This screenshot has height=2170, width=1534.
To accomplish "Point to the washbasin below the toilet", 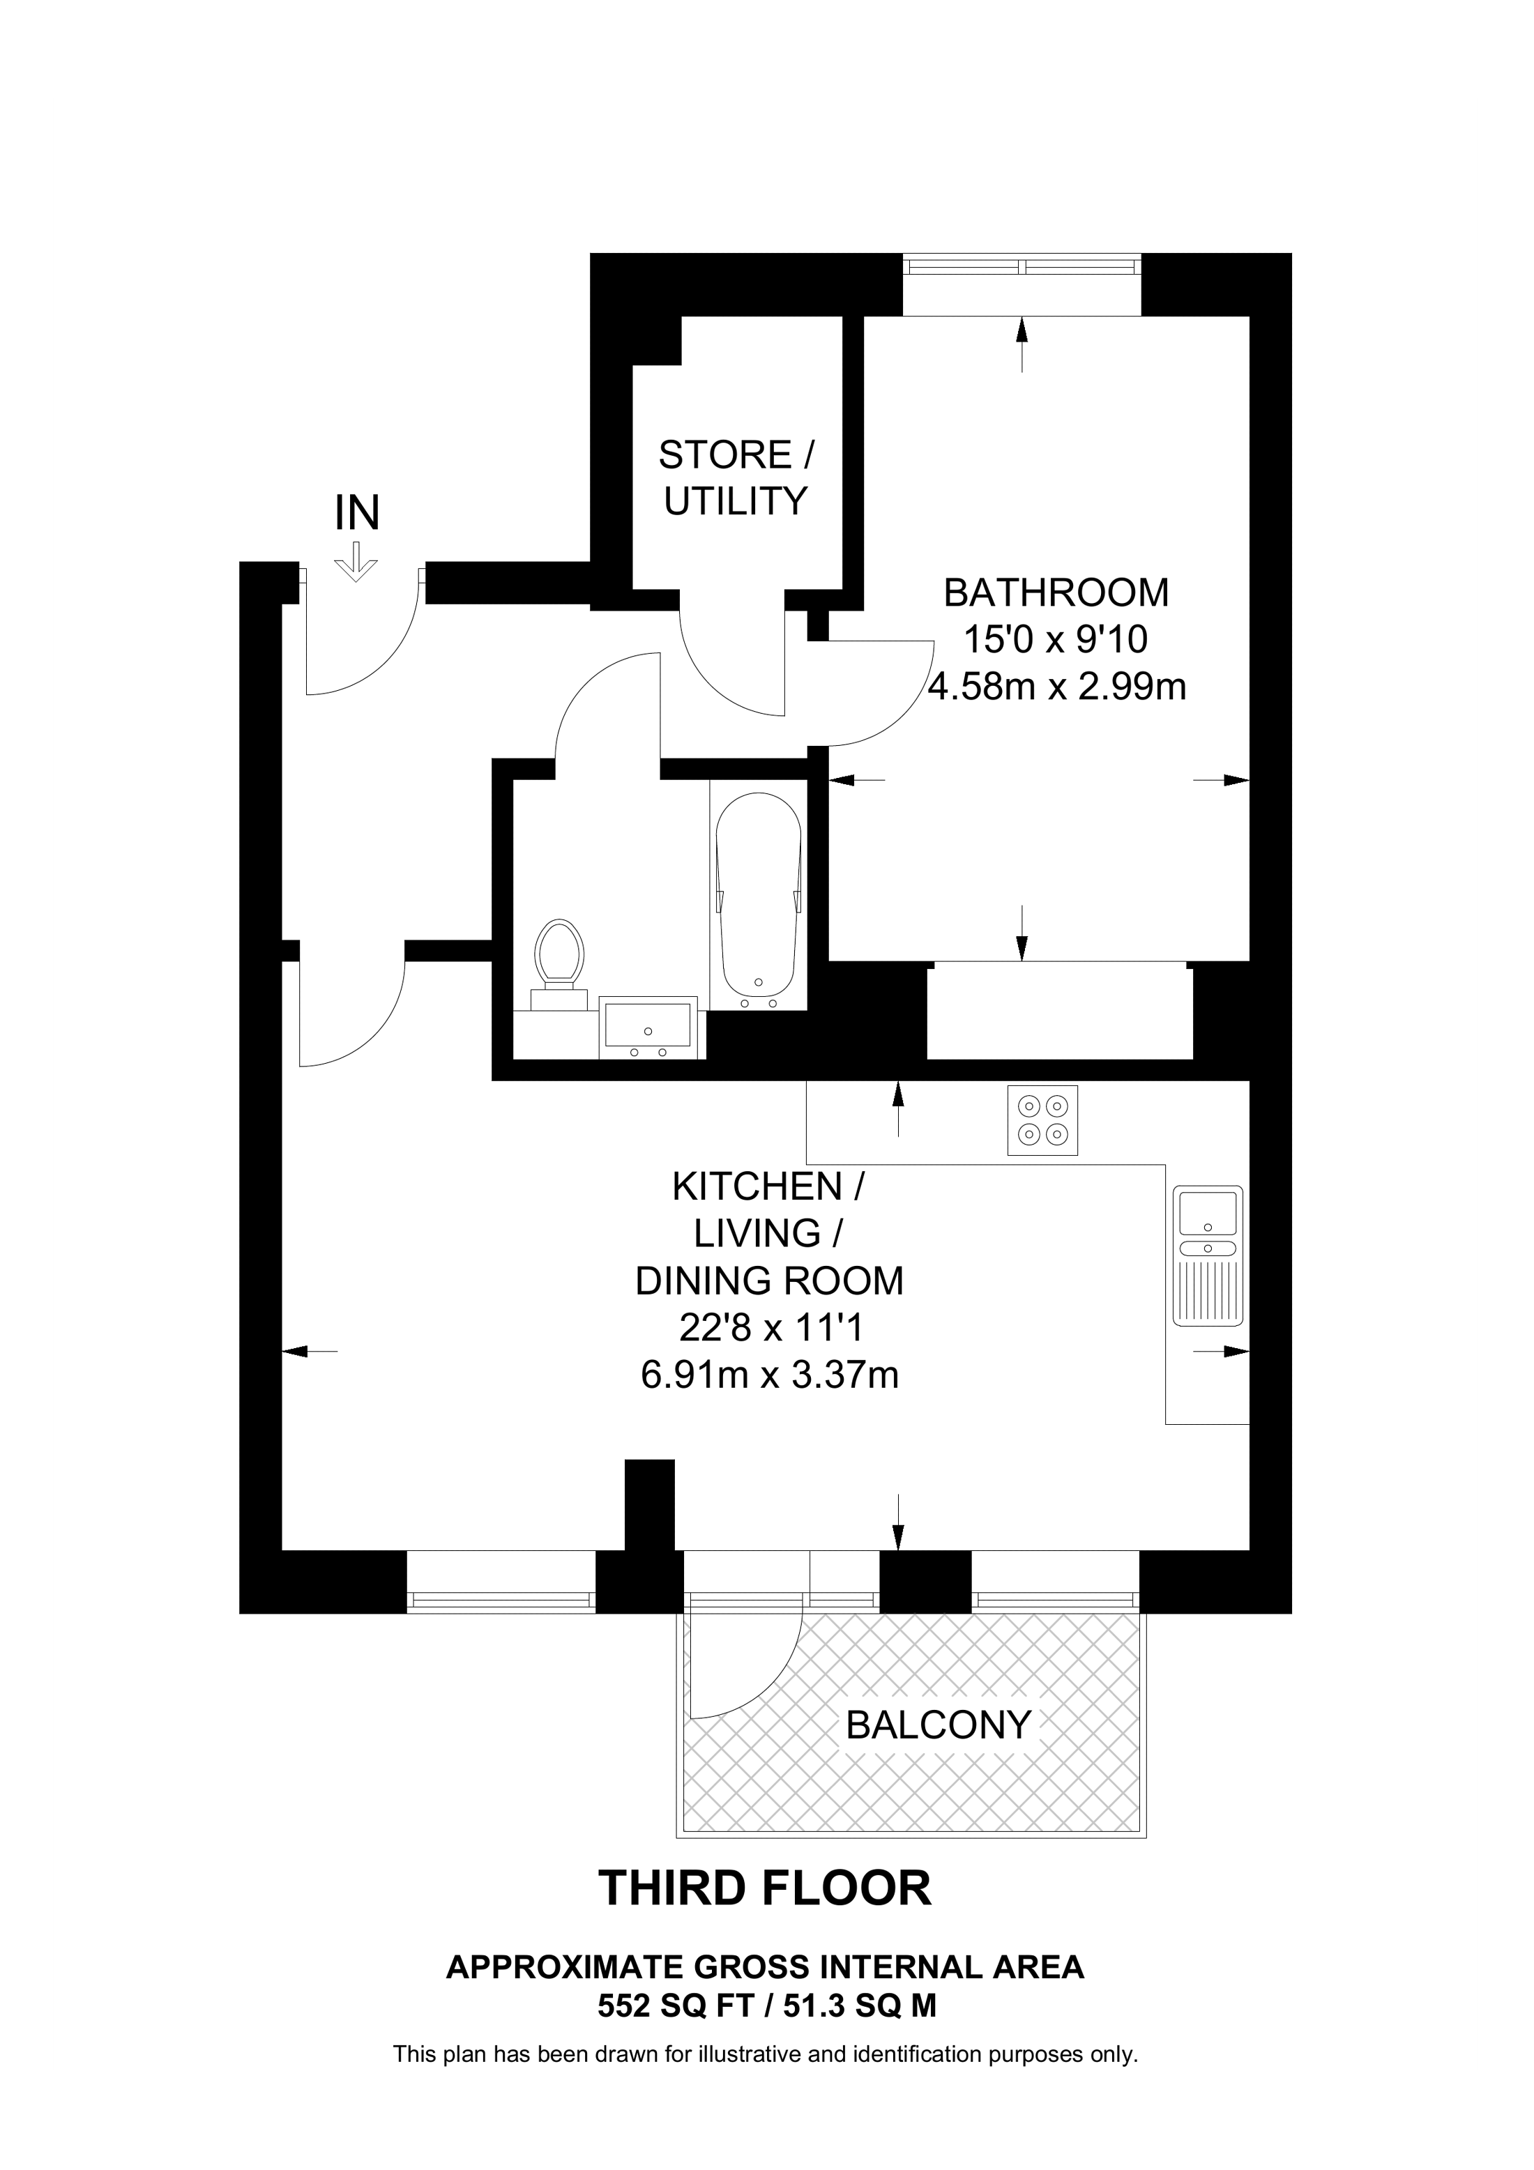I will coord(649,1027).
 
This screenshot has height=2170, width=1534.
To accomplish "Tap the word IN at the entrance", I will coord(357,513).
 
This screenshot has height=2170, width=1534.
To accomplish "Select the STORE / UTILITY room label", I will coord(736,477).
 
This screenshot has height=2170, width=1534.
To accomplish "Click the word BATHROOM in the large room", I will coord(1056,593).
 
